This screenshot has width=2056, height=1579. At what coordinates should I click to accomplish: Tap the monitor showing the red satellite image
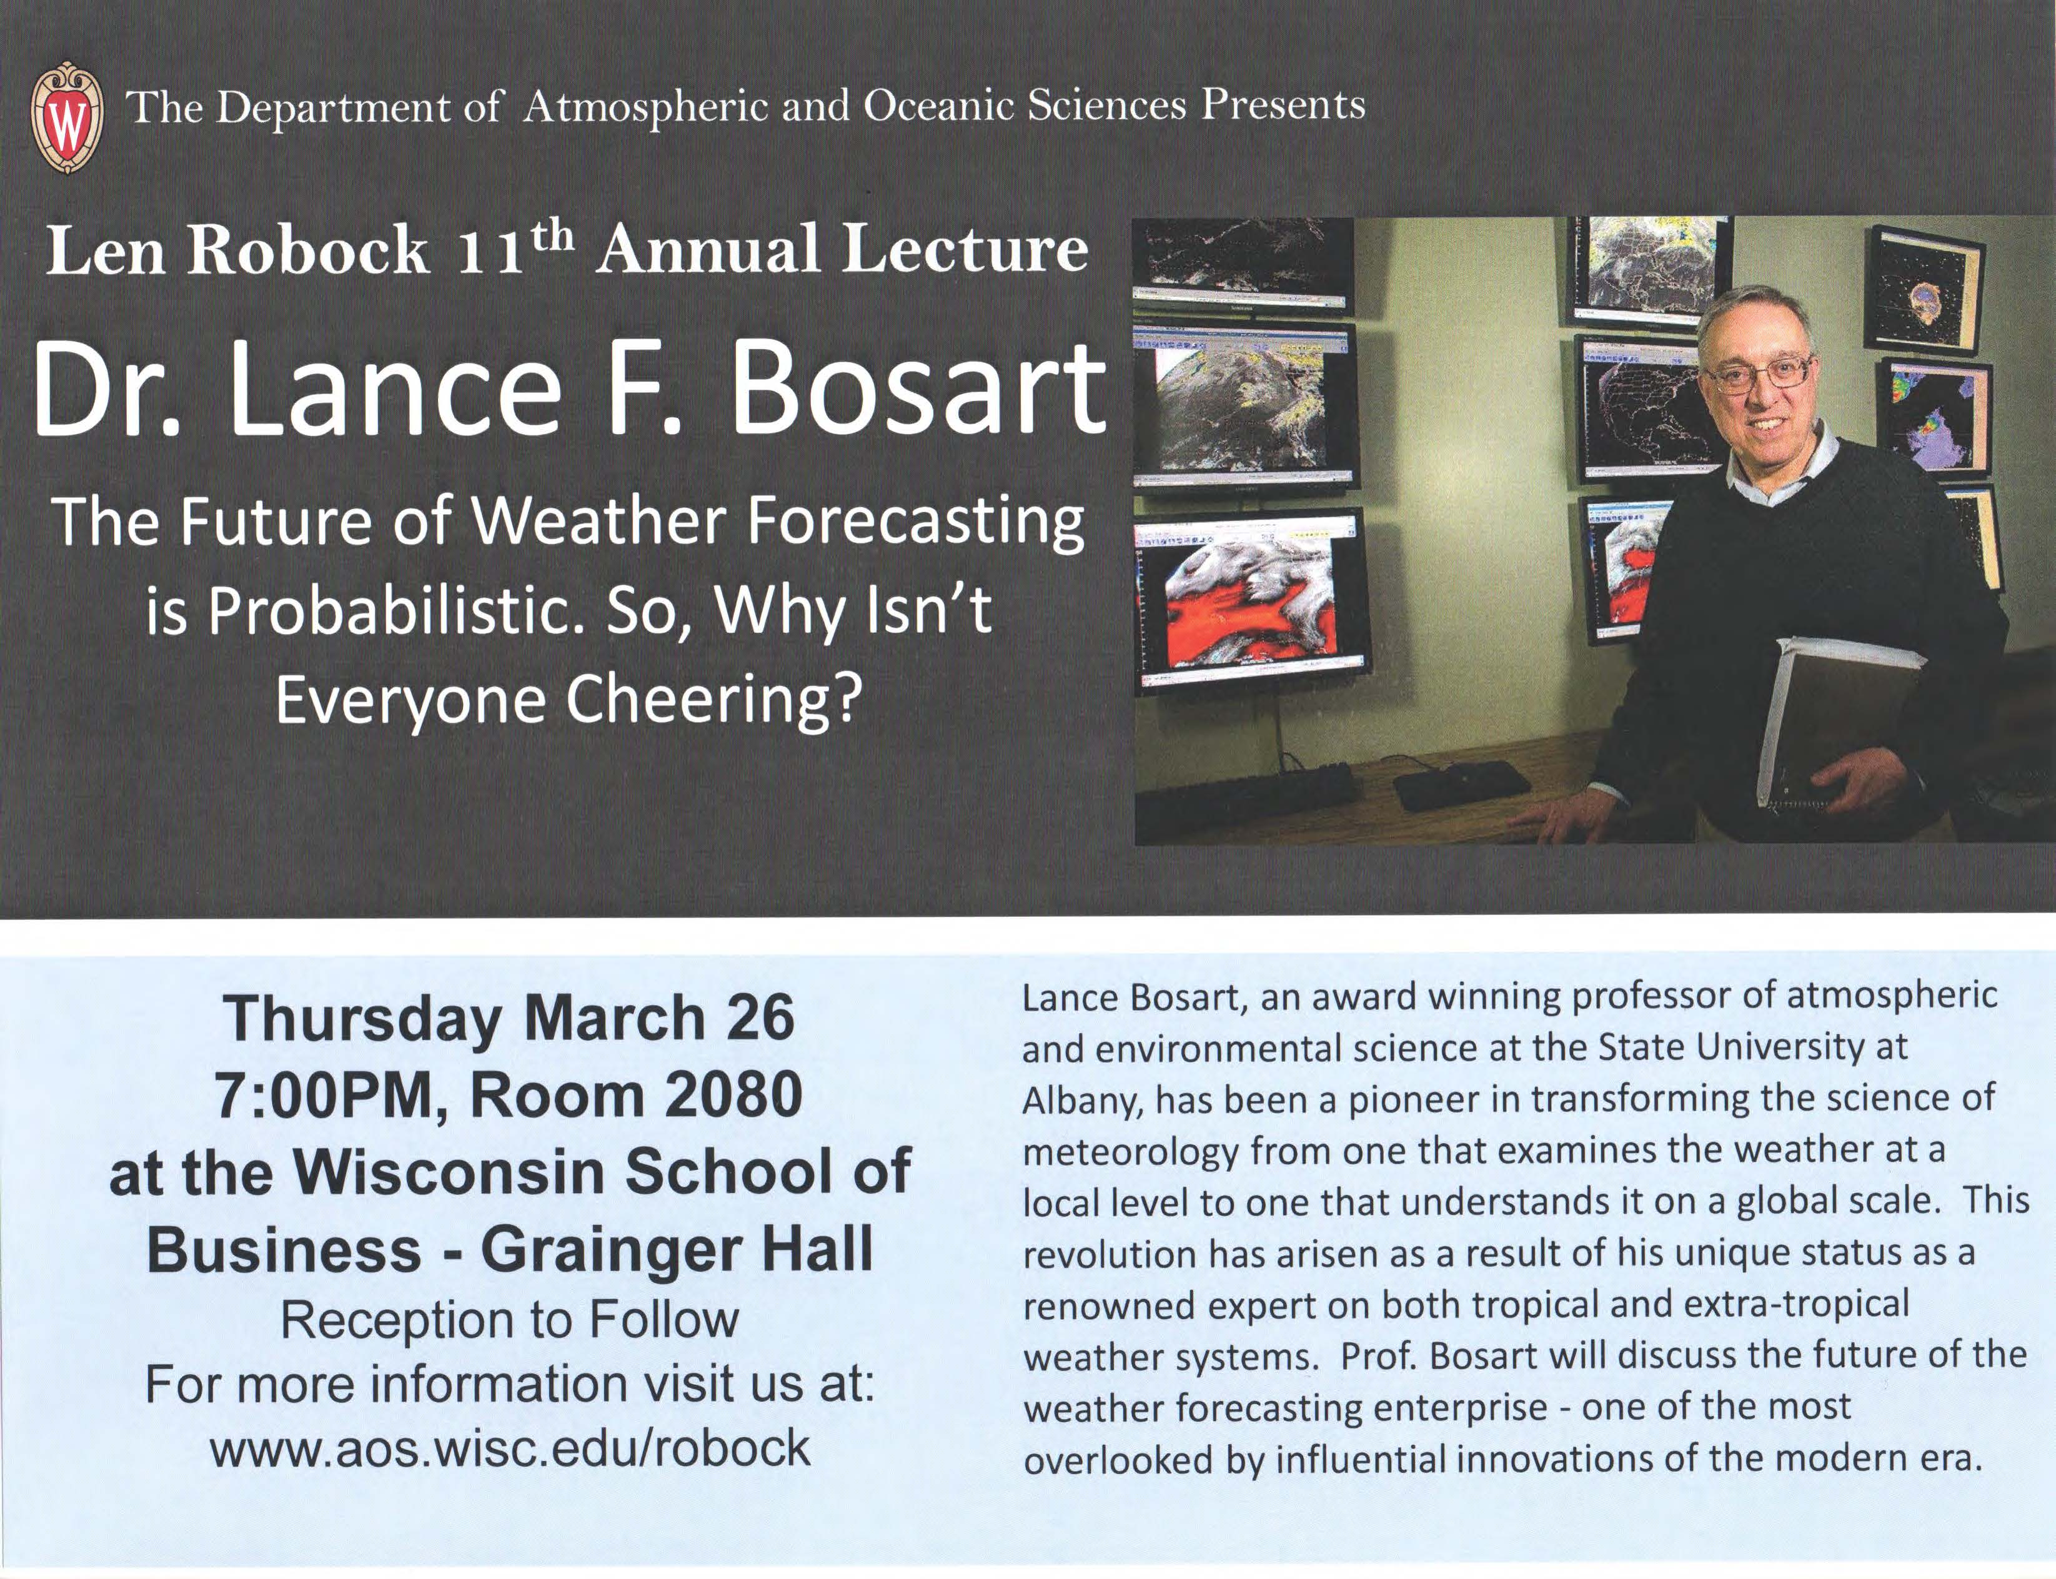point(1252,601)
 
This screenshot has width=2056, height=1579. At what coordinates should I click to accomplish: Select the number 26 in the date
point(760,1018)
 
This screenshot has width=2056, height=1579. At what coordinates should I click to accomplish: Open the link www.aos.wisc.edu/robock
point(510,1447)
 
